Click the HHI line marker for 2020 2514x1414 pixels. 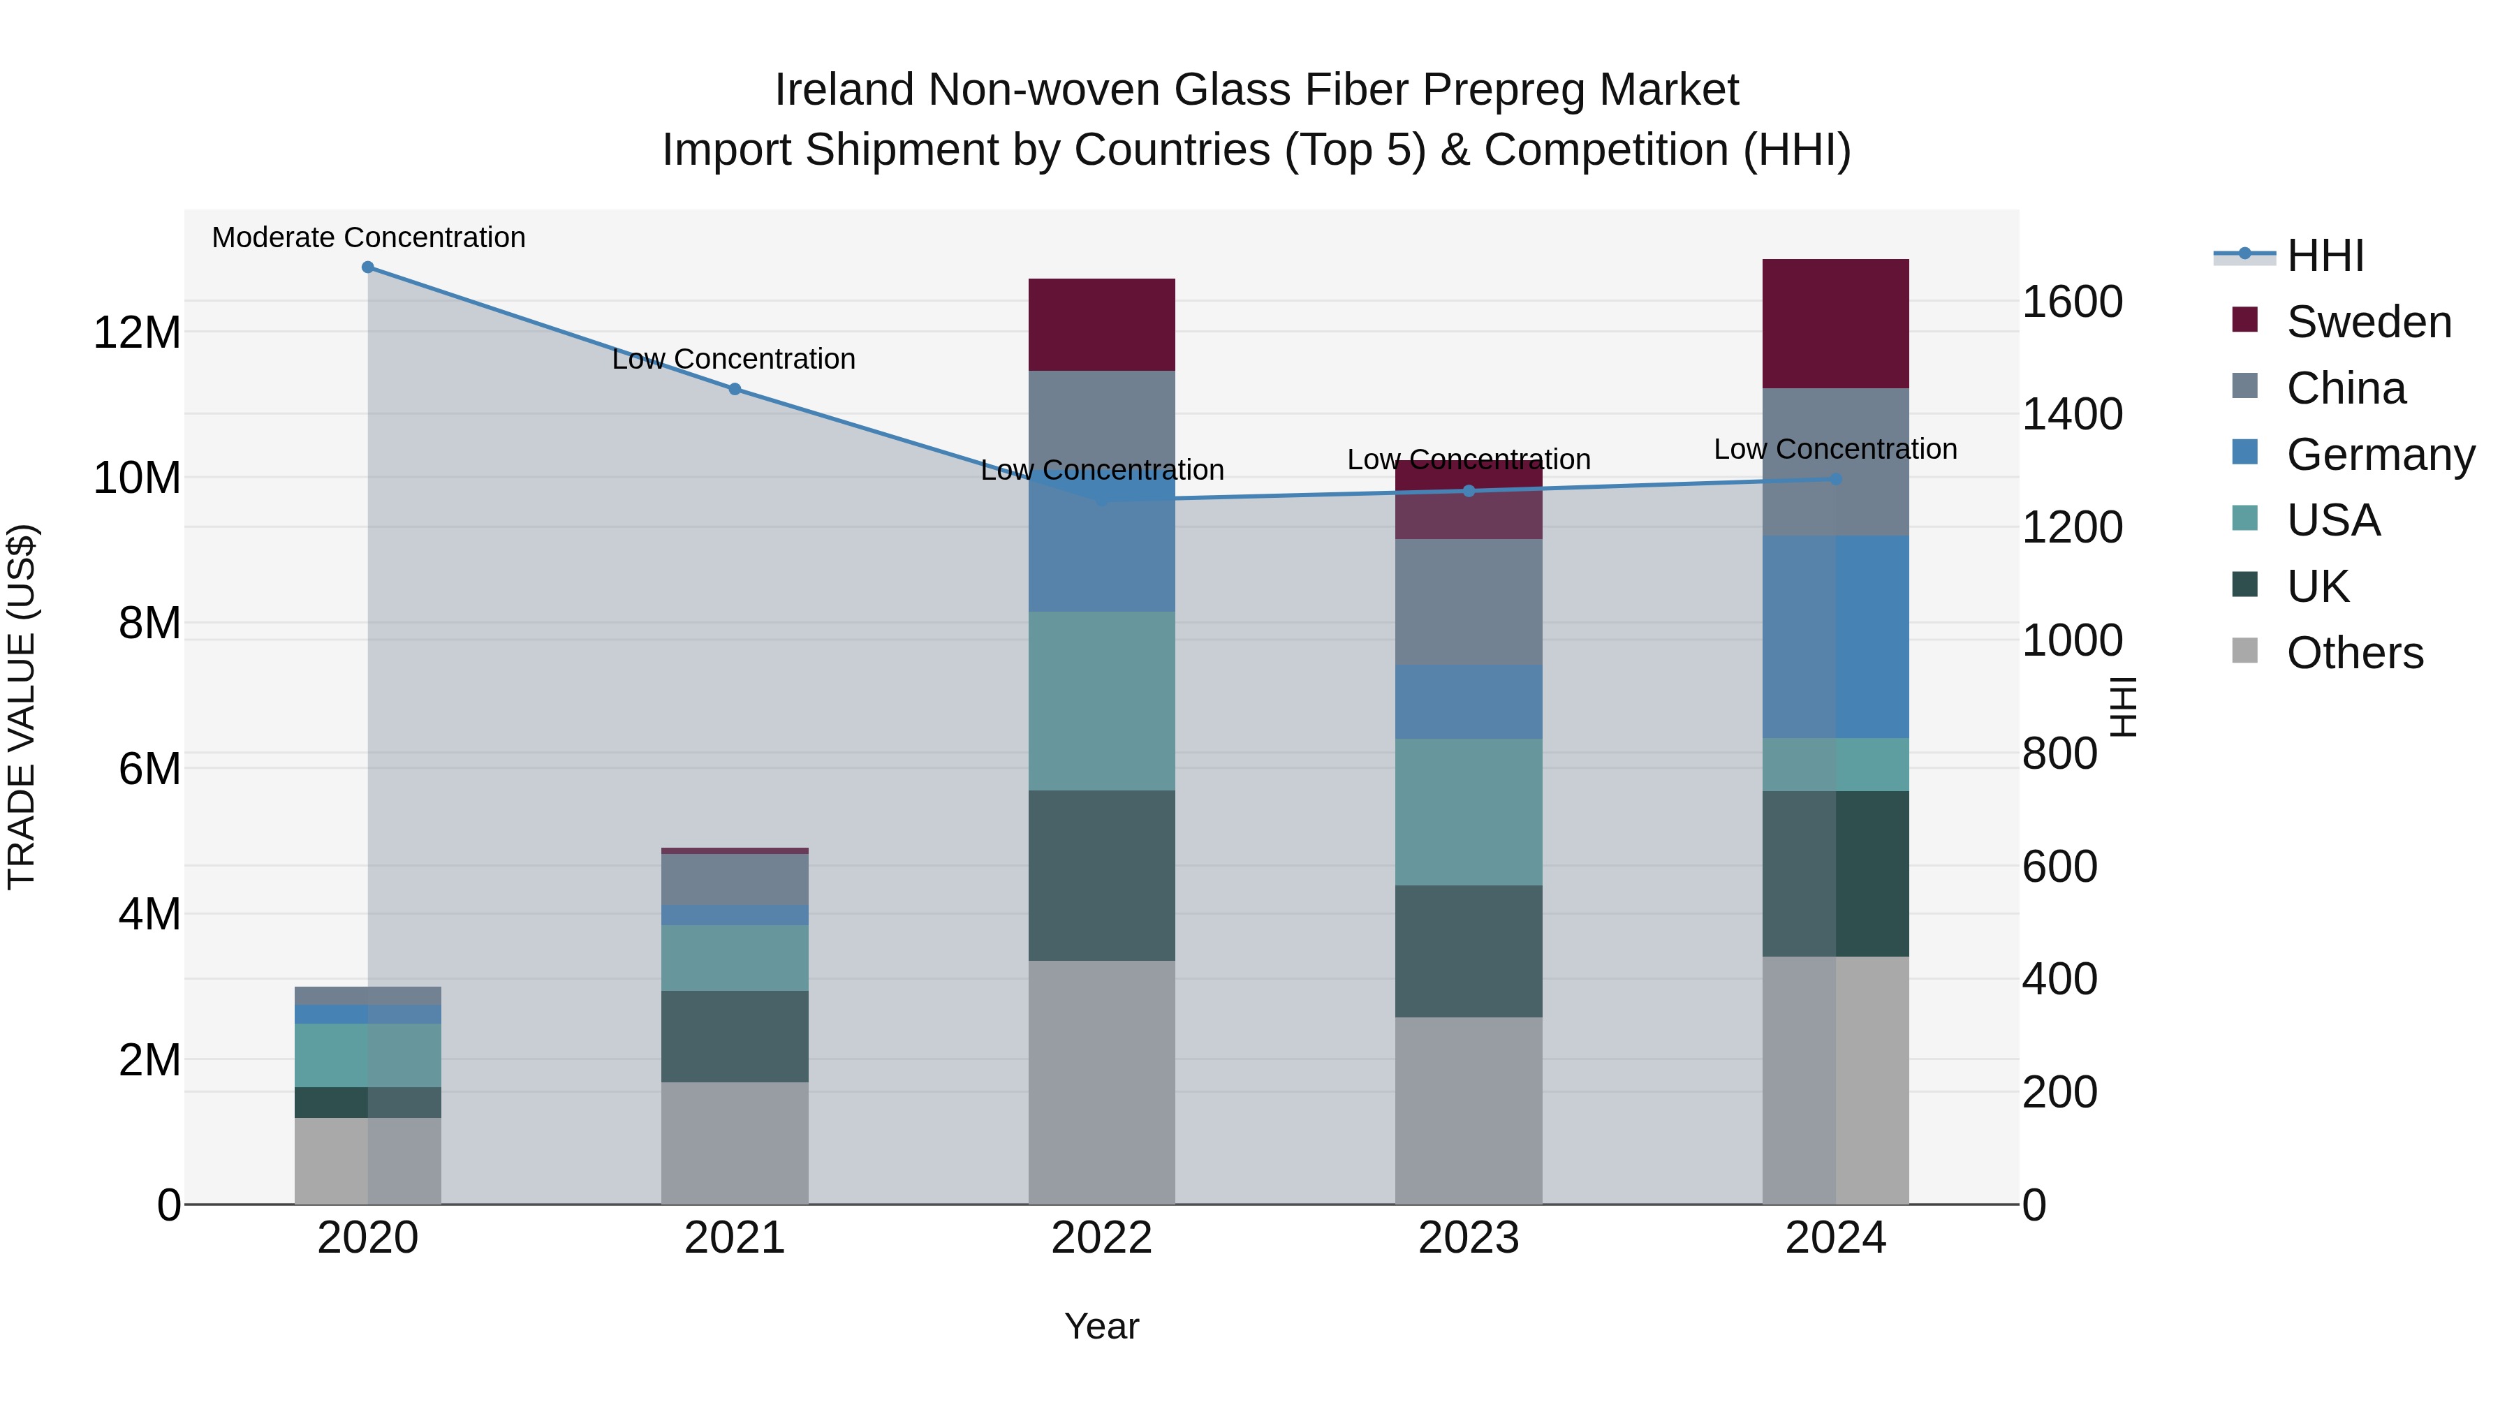368,267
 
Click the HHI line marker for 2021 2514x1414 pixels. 735,390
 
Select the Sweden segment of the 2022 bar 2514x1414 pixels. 1102,325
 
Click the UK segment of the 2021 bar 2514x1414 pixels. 735,1036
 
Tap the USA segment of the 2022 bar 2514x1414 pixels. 1102,700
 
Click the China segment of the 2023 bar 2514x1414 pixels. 1469,602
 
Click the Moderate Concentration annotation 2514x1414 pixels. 368,237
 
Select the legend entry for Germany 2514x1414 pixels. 2379,455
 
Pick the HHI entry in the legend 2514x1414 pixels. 2325,256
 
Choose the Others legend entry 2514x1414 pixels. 2354,653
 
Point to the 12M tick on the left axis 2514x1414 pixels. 137,333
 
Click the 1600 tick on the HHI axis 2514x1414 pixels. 2071,302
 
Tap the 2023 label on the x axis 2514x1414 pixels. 1469,1238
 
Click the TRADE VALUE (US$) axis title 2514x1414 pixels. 22,707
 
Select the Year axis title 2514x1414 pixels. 1102,1326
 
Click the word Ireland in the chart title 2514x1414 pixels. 845,90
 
